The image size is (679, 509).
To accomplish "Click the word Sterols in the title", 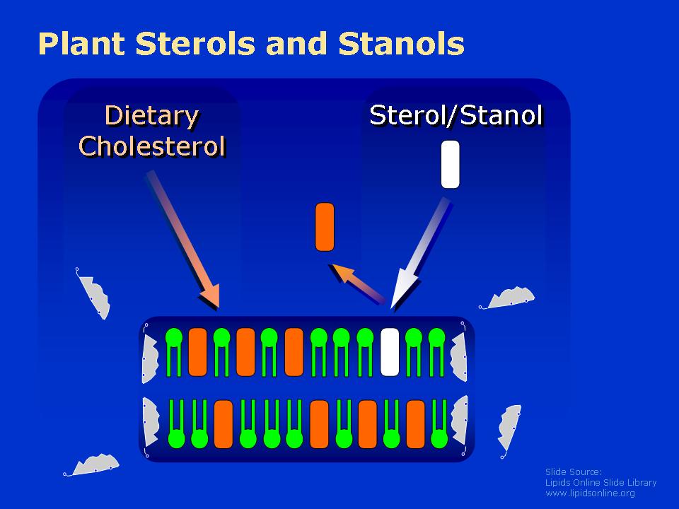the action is click(195, 44).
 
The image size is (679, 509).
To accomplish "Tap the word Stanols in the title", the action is click(401, 44).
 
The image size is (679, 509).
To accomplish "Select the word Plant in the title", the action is click(81, 44).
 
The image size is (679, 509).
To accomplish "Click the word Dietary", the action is click(152, 116).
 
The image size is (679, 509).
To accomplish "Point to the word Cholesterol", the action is click(152, 146).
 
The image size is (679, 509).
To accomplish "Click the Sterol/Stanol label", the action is click(456, 115).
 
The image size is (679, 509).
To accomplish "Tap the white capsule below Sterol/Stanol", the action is click(450, 165).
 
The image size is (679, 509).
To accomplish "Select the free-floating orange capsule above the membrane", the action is click(325, 227).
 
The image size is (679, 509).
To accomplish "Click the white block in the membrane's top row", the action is click(390, 352).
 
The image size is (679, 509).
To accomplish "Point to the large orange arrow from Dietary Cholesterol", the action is click(183, 240).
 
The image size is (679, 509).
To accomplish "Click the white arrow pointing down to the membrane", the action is click(419, 254).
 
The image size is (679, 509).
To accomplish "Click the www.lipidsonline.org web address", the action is click(590, 493).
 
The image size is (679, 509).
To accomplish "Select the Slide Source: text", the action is click(574, 472).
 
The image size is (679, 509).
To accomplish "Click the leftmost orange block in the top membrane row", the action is click(198, 352).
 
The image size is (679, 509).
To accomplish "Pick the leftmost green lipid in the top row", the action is click(174, 352).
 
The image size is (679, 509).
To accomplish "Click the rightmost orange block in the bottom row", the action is click(416, 423).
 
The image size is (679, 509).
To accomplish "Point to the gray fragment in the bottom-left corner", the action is click(92, 465).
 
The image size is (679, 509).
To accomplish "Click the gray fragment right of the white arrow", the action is click(507, 298).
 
